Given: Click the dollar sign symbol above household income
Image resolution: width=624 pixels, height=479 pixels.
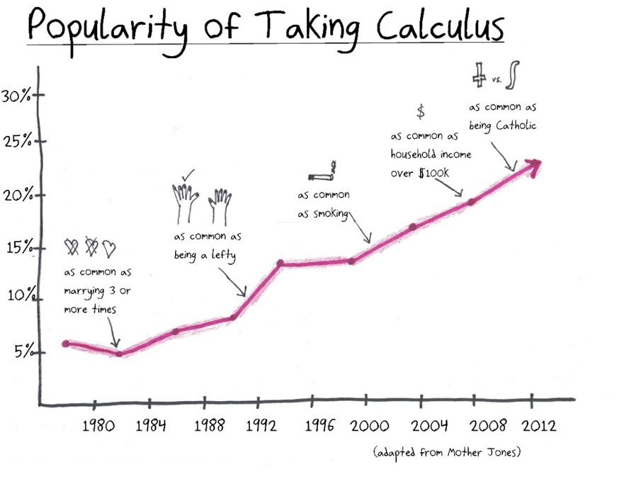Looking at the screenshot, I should pos(420,111).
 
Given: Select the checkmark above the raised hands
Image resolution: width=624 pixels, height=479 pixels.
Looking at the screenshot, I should pos(188,173).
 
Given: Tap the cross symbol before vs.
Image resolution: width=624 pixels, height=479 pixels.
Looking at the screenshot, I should pos(480,73).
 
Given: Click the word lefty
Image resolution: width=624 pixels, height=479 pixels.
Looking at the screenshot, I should pos(227,254).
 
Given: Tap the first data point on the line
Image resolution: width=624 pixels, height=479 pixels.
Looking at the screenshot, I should pos(66,344).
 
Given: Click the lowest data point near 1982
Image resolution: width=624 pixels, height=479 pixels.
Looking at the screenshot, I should pos(119,354).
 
